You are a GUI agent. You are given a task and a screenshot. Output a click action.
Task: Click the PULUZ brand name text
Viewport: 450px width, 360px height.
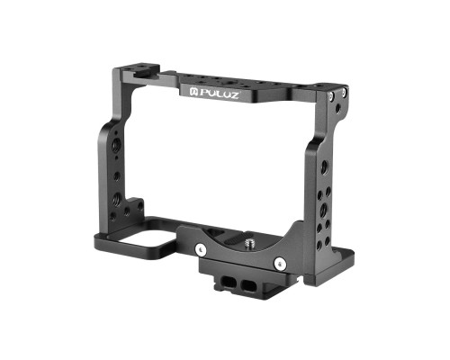[x=219, y=94]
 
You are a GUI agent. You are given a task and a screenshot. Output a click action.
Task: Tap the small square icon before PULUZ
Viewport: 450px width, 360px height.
[x=193, y=91]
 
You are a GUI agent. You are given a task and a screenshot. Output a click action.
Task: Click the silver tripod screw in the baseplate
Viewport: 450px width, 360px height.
[x=249, y=242]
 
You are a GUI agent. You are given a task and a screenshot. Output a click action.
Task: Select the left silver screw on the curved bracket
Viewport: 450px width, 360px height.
[x=200, y=248]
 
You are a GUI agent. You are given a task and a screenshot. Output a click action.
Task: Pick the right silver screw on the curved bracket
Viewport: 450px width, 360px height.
[x=279, y=263]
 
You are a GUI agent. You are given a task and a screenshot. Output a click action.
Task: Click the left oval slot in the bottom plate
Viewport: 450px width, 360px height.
[x=229, y=281]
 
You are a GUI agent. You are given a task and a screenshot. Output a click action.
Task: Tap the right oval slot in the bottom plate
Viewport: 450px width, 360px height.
[x=248, y=285]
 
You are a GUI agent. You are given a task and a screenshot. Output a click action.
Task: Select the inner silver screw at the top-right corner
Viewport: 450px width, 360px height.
[x=331, y=96]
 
